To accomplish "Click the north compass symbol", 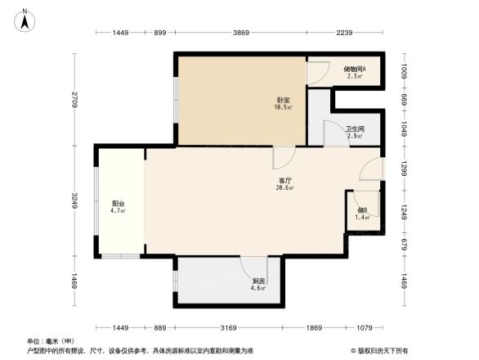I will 25,18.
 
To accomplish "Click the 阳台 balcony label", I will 118,204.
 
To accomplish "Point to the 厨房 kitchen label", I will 258,281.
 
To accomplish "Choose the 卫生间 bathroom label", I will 354,128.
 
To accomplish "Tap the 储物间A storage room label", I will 354,70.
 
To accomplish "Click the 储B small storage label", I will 363,210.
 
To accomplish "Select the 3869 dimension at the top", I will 240,33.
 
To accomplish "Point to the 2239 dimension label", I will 343,33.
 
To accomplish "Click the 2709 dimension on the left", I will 74,100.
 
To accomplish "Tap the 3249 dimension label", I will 74,201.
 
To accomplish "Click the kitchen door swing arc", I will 248,266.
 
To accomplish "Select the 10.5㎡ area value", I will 283,108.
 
